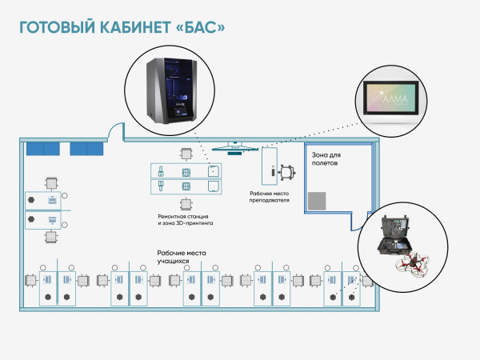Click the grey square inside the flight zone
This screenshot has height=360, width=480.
[x=318, y=201]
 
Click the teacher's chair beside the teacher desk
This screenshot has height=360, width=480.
[x=287, y=170]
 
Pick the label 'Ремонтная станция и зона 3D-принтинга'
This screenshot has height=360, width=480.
[x=186, y=221]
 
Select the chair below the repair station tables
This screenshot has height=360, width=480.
[x=186, y=204]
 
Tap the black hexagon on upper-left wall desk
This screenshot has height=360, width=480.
[x=32, y=198]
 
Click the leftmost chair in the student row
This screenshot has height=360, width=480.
[x=30, y=280]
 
